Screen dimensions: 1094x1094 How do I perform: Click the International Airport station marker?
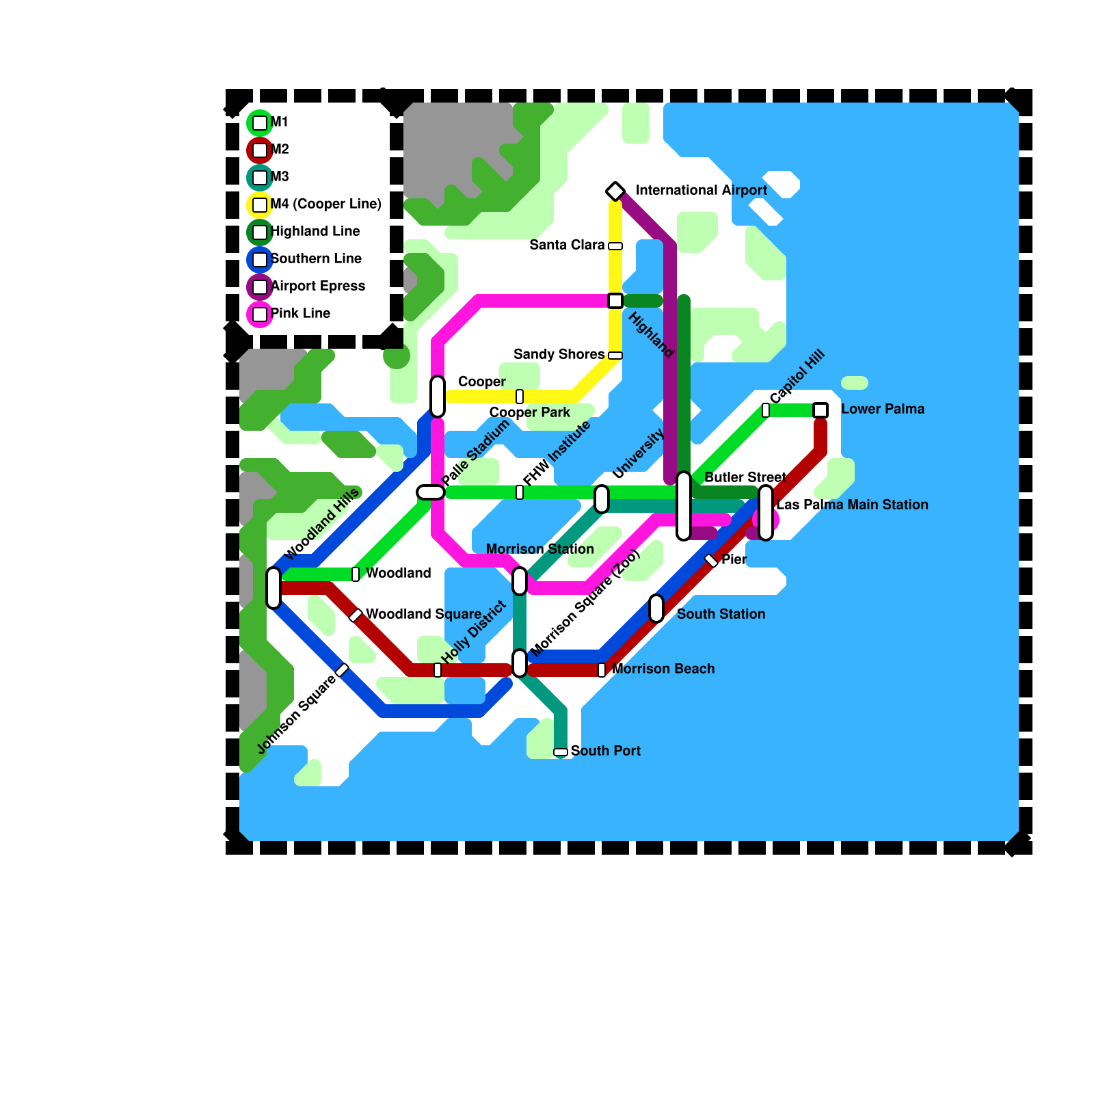[x=615, y=191]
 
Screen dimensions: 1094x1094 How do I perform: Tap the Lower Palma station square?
[x=820, y=410]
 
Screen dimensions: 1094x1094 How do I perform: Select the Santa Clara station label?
[x=567, y=245]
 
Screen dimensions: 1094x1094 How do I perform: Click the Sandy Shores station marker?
[x=615, y=356]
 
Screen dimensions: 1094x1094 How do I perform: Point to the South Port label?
[x=605, y=751]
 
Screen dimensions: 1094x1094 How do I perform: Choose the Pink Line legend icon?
[x=260, y=314]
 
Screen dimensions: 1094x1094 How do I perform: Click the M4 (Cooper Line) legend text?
[x=325, y=204]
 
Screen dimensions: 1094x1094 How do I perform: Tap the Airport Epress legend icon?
[x=260, y=286]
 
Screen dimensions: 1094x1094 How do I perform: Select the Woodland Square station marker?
[x=356, y=615]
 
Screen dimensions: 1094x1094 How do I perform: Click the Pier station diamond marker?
[x=711, y=561]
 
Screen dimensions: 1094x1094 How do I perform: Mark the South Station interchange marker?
[x=656, y=609]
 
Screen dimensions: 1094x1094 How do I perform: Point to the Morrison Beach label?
[x=663, y=669]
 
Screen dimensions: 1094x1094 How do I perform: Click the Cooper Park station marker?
[x=520, y=397]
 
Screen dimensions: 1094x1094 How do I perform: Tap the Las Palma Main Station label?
[x=852, y=505]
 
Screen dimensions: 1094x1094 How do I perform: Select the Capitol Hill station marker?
[x=766, y=410]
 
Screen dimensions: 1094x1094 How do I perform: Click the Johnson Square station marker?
[x=343, y=670]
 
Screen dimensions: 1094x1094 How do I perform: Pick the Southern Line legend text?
[x=316, y=258]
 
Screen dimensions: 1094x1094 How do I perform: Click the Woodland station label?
[x=399, y=573]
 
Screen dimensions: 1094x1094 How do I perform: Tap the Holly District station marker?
[x=438, y=670]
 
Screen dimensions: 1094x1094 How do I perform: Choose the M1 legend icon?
[x=260, y=122]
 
